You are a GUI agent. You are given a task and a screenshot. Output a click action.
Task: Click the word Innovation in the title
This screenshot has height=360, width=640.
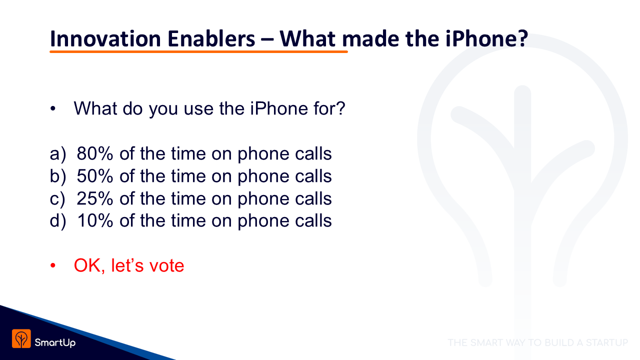[105, 38]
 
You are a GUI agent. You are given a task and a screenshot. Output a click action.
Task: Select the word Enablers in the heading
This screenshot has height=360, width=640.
[211, 38]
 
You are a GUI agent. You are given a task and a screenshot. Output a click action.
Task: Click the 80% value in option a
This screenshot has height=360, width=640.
[95, 153]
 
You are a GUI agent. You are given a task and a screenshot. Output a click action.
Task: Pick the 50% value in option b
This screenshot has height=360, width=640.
[95, 175]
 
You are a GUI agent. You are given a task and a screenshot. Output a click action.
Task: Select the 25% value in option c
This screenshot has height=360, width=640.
[95, 198]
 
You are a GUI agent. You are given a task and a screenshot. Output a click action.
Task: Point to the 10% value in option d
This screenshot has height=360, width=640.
[95, 220]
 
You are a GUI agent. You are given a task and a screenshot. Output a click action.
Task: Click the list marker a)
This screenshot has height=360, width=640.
[57, 154]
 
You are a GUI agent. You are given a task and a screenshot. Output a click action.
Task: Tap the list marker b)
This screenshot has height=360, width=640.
[57, 176]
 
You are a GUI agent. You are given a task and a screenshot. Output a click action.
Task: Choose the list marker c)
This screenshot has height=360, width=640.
[57, 199]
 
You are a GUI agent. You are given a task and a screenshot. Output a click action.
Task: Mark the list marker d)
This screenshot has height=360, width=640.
[57, 221]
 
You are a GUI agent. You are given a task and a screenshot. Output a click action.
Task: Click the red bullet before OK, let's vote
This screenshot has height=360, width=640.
[53, 265]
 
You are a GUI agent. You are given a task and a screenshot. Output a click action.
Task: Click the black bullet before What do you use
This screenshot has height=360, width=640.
[53, 108]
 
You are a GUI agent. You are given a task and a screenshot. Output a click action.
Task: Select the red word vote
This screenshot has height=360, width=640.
[167, 265]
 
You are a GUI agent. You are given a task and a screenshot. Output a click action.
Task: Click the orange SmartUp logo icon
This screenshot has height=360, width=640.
[21, 338]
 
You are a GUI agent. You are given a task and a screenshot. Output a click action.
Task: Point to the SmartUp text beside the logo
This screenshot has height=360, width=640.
[55, 342]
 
